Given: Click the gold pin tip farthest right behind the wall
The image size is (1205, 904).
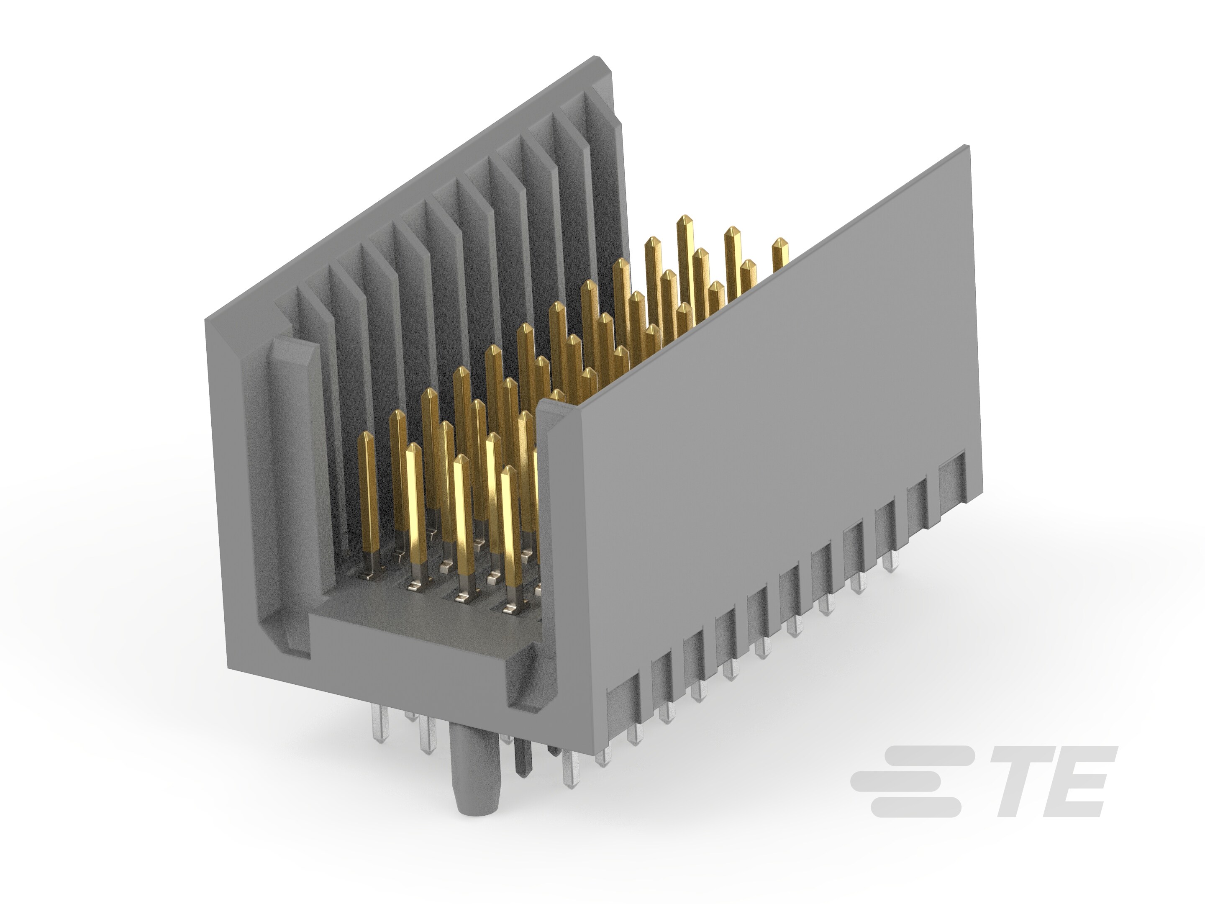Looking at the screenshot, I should tap(779, 244).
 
